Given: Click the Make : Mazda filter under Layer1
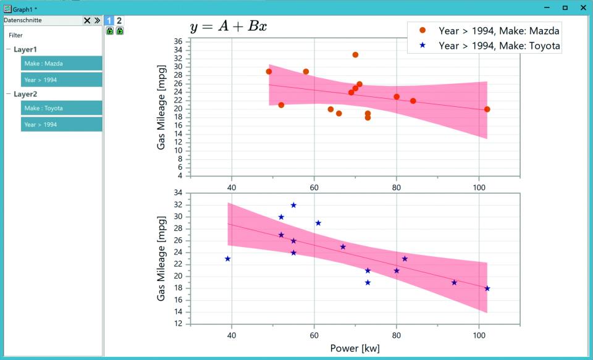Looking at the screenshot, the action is (x=61, y=63).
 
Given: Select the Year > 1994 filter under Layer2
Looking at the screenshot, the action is (x=61, y=124).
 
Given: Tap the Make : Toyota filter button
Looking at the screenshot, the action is (x=61, y=108).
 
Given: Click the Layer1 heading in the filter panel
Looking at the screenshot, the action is (x=25, y=49).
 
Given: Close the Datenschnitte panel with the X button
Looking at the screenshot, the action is (x=87, y=20).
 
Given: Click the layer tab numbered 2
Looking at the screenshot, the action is (x=119, y=20).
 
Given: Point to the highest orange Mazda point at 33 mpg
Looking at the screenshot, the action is (x=355, y=55).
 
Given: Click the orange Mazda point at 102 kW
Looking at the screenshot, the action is (x=487, y=109).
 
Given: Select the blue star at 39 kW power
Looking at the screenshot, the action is (x=228, y=259).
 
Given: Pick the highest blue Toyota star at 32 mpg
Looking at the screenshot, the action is (x=293, y=206).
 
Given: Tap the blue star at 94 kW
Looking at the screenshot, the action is (x=454, y=282).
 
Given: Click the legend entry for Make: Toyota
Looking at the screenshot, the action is (x=489, y=46).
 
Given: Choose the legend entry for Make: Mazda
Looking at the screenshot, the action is (x=489, y=31).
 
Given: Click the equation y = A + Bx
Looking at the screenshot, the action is (x=229, y=26).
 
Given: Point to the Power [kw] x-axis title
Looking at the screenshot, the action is (x=355, y=348).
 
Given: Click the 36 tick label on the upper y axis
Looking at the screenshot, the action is (x=178, y=41).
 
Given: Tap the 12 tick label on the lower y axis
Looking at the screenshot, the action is (x=178, y=324).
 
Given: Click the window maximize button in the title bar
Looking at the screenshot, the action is (x=565, y=7).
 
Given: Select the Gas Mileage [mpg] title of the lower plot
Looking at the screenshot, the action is (x=161, y=259).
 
